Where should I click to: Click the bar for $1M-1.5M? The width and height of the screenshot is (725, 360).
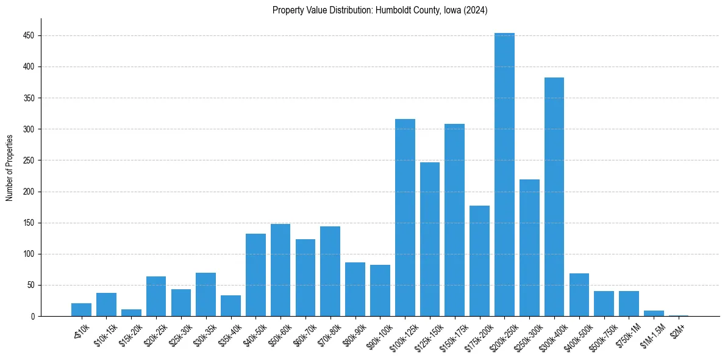pos(654,313)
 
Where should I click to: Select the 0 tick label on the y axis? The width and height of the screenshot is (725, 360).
pos(34,317)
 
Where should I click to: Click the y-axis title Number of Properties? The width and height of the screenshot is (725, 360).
pos(10,167)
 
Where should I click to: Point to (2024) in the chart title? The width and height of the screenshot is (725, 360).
pos(476,10)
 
